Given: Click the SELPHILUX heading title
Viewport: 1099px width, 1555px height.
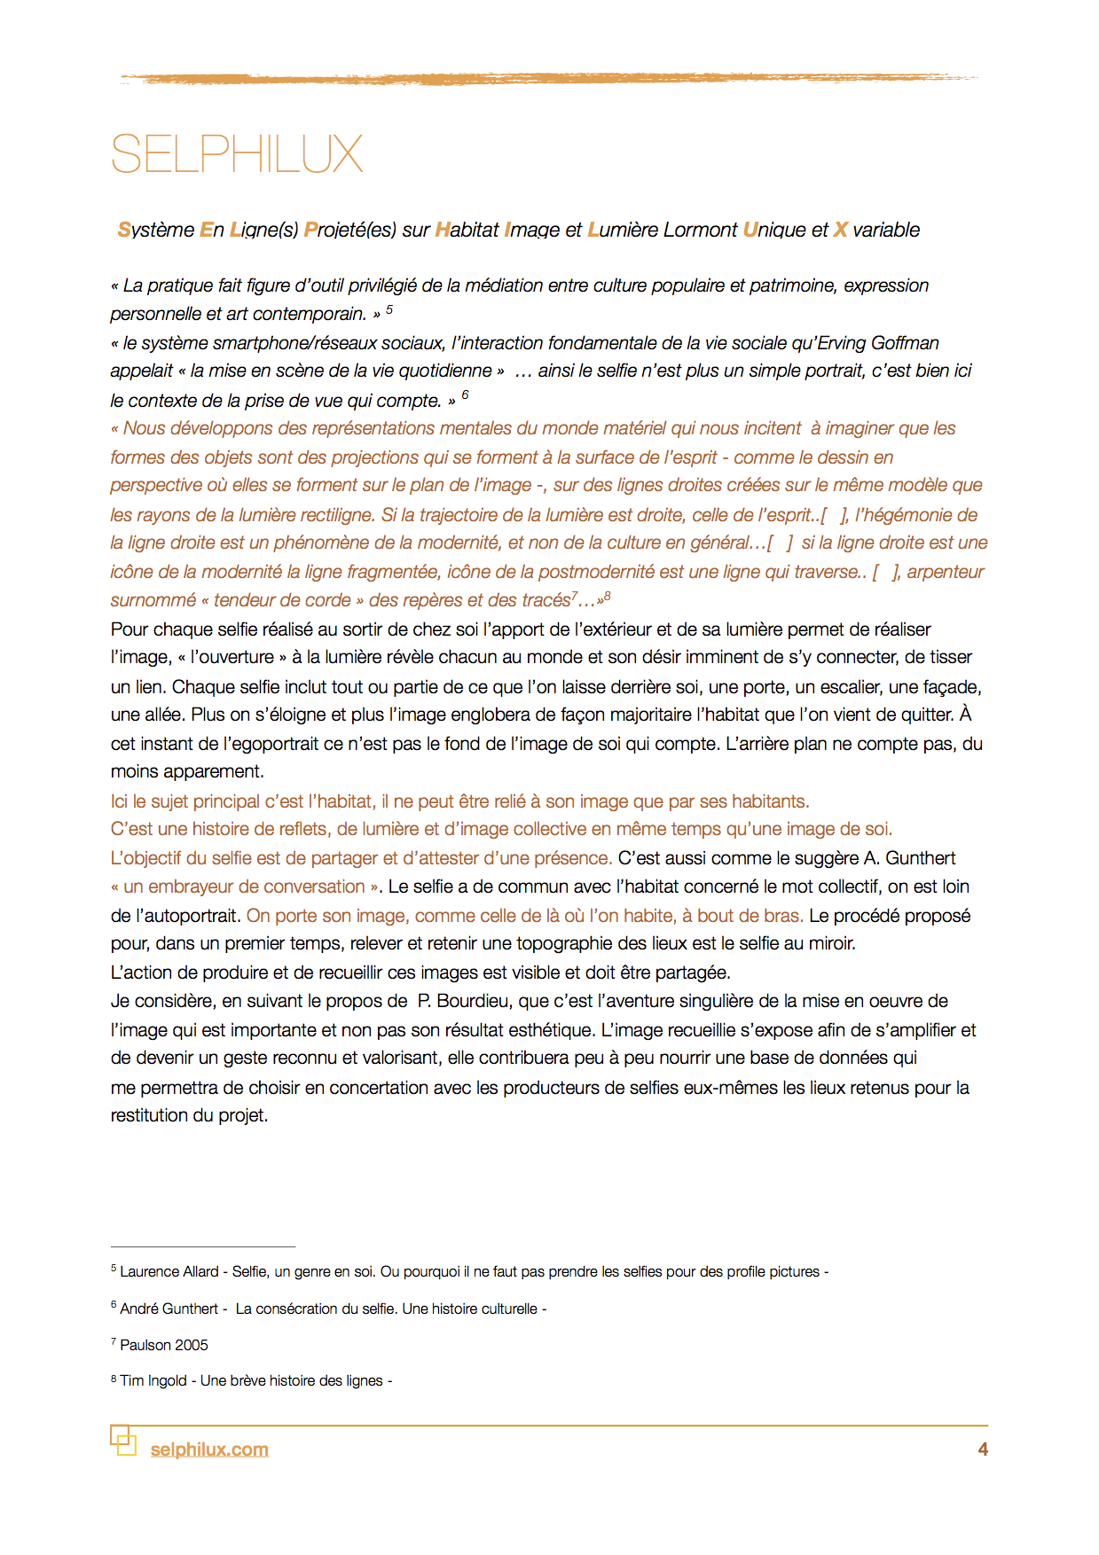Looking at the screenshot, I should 237,154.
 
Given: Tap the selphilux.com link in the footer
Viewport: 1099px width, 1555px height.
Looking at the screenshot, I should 209,1450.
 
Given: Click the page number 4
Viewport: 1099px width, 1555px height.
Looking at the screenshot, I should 983,1450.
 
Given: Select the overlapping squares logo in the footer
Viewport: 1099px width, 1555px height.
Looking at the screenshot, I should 123,1440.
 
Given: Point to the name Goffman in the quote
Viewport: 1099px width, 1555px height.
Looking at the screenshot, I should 905,343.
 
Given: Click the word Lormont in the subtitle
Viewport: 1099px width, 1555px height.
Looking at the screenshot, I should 700,231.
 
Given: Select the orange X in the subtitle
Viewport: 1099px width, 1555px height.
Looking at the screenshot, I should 841,231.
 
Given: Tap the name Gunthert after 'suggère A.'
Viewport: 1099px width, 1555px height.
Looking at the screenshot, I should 921,858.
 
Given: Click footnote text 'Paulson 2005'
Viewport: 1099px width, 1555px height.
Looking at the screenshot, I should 164,1345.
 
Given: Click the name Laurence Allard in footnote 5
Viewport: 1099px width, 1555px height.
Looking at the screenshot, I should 169,1271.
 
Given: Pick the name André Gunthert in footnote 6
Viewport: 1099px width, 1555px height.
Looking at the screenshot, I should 169,1309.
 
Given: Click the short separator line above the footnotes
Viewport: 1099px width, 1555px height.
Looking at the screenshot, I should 202,1246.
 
